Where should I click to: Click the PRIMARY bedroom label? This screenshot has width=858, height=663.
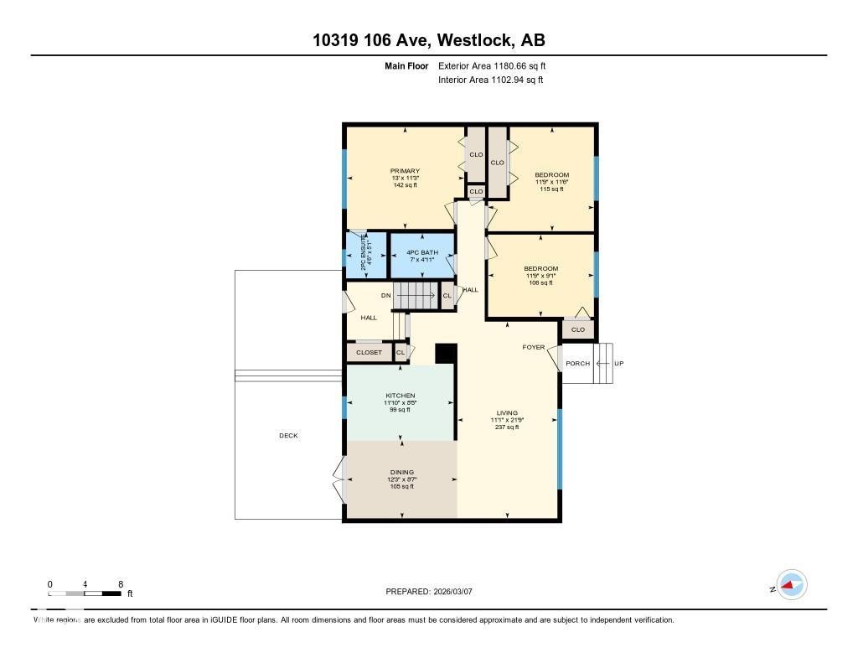405,171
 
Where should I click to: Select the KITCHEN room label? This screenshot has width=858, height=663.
400,396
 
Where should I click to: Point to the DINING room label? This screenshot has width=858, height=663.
401,472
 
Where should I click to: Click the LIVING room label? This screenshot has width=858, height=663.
507,412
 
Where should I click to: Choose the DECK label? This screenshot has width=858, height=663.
288,436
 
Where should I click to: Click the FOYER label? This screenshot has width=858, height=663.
534,347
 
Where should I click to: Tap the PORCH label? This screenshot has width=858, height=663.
577,364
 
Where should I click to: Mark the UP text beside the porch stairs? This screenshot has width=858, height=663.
618,364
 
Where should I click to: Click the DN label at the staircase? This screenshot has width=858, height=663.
385,296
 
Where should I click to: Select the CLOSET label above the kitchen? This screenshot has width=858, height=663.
369,353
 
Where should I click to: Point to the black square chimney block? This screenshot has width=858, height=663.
446,354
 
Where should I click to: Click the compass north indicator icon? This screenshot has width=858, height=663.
790,585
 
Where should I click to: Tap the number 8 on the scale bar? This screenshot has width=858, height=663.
121,584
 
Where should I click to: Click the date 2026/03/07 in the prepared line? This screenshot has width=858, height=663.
458,592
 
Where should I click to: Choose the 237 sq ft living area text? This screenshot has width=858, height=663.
507,427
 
